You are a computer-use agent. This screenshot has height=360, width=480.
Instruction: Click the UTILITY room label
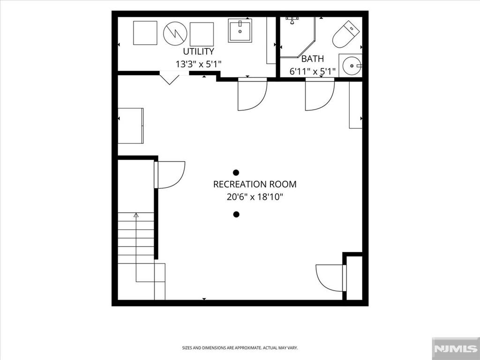point(198,51)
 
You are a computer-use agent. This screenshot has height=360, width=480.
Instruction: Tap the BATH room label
point(313,59)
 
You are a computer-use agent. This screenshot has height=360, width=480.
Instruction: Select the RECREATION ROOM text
point(255,184)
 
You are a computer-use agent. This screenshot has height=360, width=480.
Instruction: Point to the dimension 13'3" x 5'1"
point(198,64)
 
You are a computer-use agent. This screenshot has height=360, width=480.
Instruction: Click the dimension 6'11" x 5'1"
point(313,72)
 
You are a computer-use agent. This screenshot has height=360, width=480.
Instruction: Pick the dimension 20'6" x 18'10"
point(255,197)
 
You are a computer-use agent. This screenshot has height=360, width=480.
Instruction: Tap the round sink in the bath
point(352,66)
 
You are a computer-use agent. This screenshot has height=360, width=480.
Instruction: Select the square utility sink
point(240,30)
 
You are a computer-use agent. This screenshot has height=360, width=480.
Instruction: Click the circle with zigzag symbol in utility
point(175,33)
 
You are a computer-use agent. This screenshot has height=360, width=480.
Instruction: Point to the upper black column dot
point(236,172)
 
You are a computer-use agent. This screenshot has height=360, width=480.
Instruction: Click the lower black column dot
point(236,214)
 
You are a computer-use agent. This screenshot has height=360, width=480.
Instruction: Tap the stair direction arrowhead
point(136,215)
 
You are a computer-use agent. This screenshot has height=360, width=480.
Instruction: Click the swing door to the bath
point(320,94)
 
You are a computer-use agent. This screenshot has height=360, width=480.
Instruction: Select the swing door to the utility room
point(253,94)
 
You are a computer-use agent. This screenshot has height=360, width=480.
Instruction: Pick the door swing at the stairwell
point(169,175)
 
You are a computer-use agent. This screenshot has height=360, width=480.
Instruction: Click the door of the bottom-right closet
point(331,278)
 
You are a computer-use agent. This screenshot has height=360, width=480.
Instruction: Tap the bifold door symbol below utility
point(169,78)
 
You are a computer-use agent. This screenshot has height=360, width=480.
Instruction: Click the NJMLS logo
point(456,348)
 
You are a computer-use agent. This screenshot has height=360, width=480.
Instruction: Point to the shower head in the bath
point(292,20)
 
